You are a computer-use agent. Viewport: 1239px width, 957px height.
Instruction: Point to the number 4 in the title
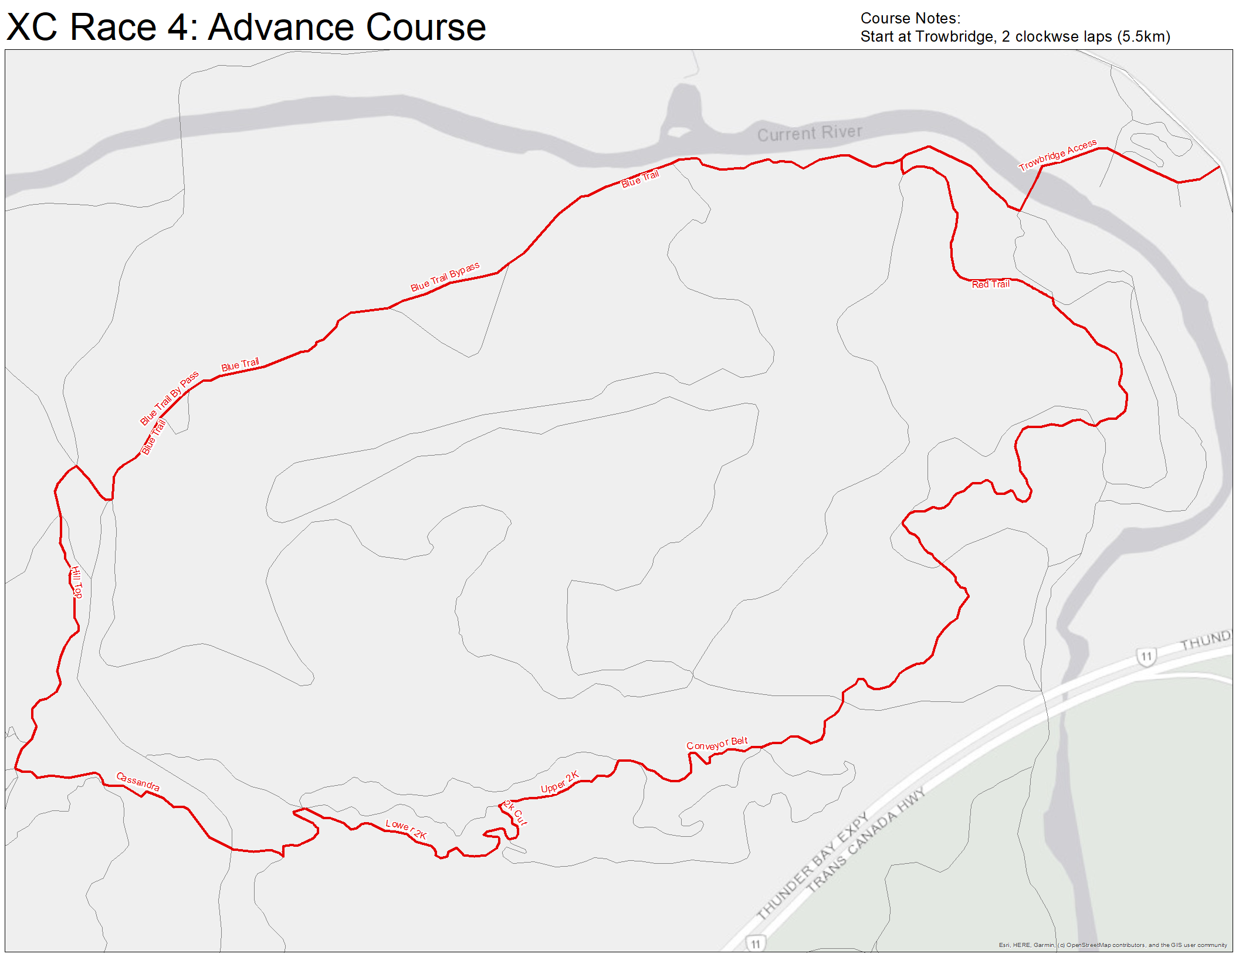pos(178,27)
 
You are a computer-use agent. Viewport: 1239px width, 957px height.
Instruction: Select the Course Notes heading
pos(910,18)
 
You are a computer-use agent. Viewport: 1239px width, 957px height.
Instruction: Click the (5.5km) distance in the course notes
pos(1143,36)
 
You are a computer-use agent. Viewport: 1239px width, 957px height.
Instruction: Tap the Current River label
pos(810,133)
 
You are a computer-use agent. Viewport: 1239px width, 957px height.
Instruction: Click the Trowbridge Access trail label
pos(1057,155)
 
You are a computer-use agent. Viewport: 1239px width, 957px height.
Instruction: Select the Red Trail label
pos(990,284)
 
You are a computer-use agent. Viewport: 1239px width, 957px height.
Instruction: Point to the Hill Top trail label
pos(77,582)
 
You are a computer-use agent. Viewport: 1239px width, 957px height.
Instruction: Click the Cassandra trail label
pos(138,781)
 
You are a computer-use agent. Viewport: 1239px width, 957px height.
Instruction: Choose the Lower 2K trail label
pos(406,829)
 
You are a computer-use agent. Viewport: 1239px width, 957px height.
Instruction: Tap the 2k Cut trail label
pos(516,813)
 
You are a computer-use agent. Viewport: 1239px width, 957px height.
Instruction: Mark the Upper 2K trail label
pos(560,782)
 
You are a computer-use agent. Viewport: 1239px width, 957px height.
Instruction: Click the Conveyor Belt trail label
pos(717,744)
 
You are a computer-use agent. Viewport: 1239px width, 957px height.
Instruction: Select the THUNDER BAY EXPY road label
pos(813,866)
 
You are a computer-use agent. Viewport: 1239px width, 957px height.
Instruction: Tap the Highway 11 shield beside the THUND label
pos(1146,656)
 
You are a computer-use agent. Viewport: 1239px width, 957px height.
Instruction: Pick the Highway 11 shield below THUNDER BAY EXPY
pos(755,944)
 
